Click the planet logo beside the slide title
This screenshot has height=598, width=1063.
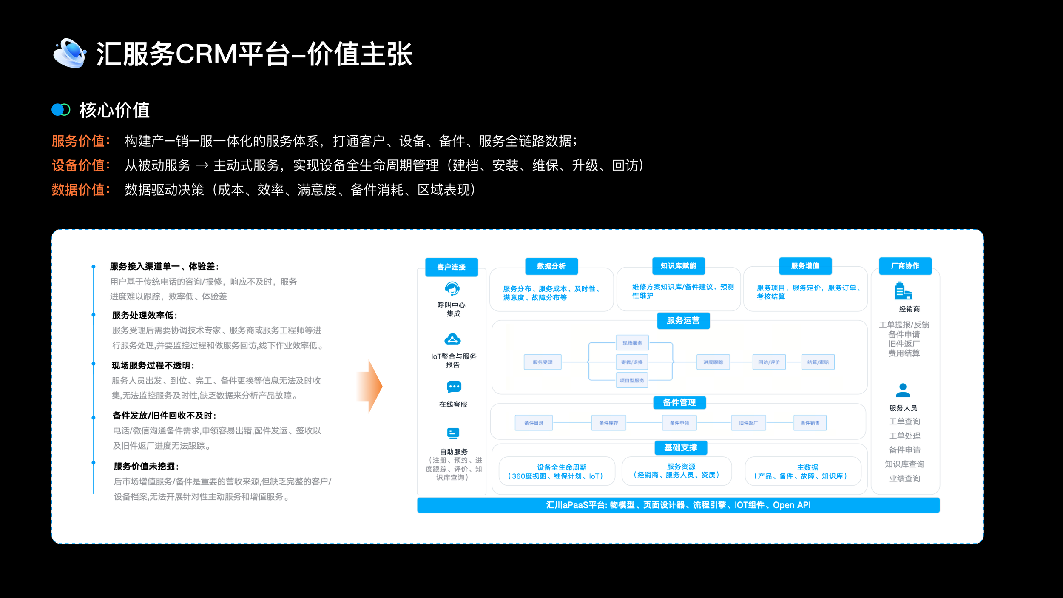tap(69, 53)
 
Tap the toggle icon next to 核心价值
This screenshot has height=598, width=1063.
tap(61, 110)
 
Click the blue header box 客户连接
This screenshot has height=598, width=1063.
tap(451, 267)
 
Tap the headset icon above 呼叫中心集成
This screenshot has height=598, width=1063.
tap(452, 289)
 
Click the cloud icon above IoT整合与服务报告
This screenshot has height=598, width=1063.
tap(452, 339)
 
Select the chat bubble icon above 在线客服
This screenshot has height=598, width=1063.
tap(454, 387)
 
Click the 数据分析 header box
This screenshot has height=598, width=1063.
tap(551, 266)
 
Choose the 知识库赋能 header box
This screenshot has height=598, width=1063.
tap(678, 266)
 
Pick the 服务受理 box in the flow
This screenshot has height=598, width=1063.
tap(543, 362)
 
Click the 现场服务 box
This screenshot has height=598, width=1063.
tap(632, 343)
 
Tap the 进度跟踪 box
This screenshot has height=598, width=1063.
tap(713, 362)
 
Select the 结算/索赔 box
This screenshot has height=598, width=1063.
tap(818, 362)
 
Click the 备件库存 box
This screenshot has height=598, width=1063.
tap(608, 423)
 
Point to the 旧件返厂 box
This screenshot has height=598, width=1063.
tap(748, 423)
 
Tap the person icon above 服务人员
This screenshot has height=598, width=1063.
tap(903, 390)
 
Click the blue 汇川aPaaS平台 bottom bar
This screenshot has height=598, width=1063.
tap(678, 505)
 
